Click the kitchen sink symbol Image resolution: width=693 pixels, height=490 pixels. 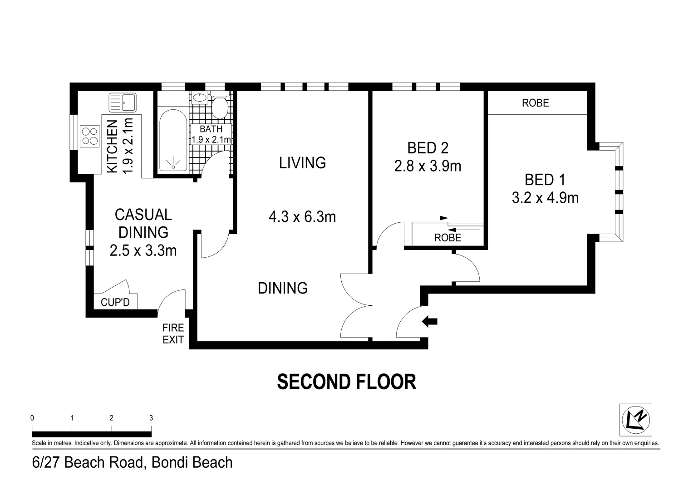[122, 103]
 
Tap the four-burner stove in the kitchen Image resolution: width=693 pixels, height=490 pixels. [90, 136]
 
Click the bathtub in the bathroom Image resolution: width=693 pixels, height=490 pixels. [173, 140]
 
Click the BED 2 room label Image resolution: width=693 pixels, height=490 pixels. [428, 148]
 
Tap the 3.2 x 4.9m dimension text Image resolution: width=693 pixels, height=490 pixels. [545, 198]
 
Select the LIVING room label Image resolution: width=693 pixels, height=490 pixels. [302, 163]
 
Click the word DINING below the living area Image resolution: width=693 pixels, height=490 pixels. [283, 288]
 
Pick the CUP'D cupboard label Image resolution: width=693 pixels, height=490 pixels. [115, 302]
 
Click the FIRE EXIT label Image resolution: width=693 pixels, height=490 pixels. [173, 333]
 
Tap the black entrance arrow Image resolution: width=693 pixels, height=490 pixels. [430, 322]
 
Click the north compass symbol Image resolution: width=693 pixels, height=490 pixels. [636, 420]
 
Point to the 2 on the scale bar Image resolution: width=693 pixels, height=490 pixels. [111, 418]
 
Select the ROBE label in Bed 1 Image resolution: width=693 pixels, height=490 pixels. [536, 103]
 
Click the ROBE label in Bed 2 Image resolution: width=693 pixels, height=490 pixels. [447, 238]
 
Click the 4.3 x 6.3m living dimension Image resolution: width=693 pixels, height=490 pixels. [302, 217]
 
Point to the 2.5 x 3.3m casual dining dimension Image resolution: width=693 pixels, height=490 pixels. [143, 250]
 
